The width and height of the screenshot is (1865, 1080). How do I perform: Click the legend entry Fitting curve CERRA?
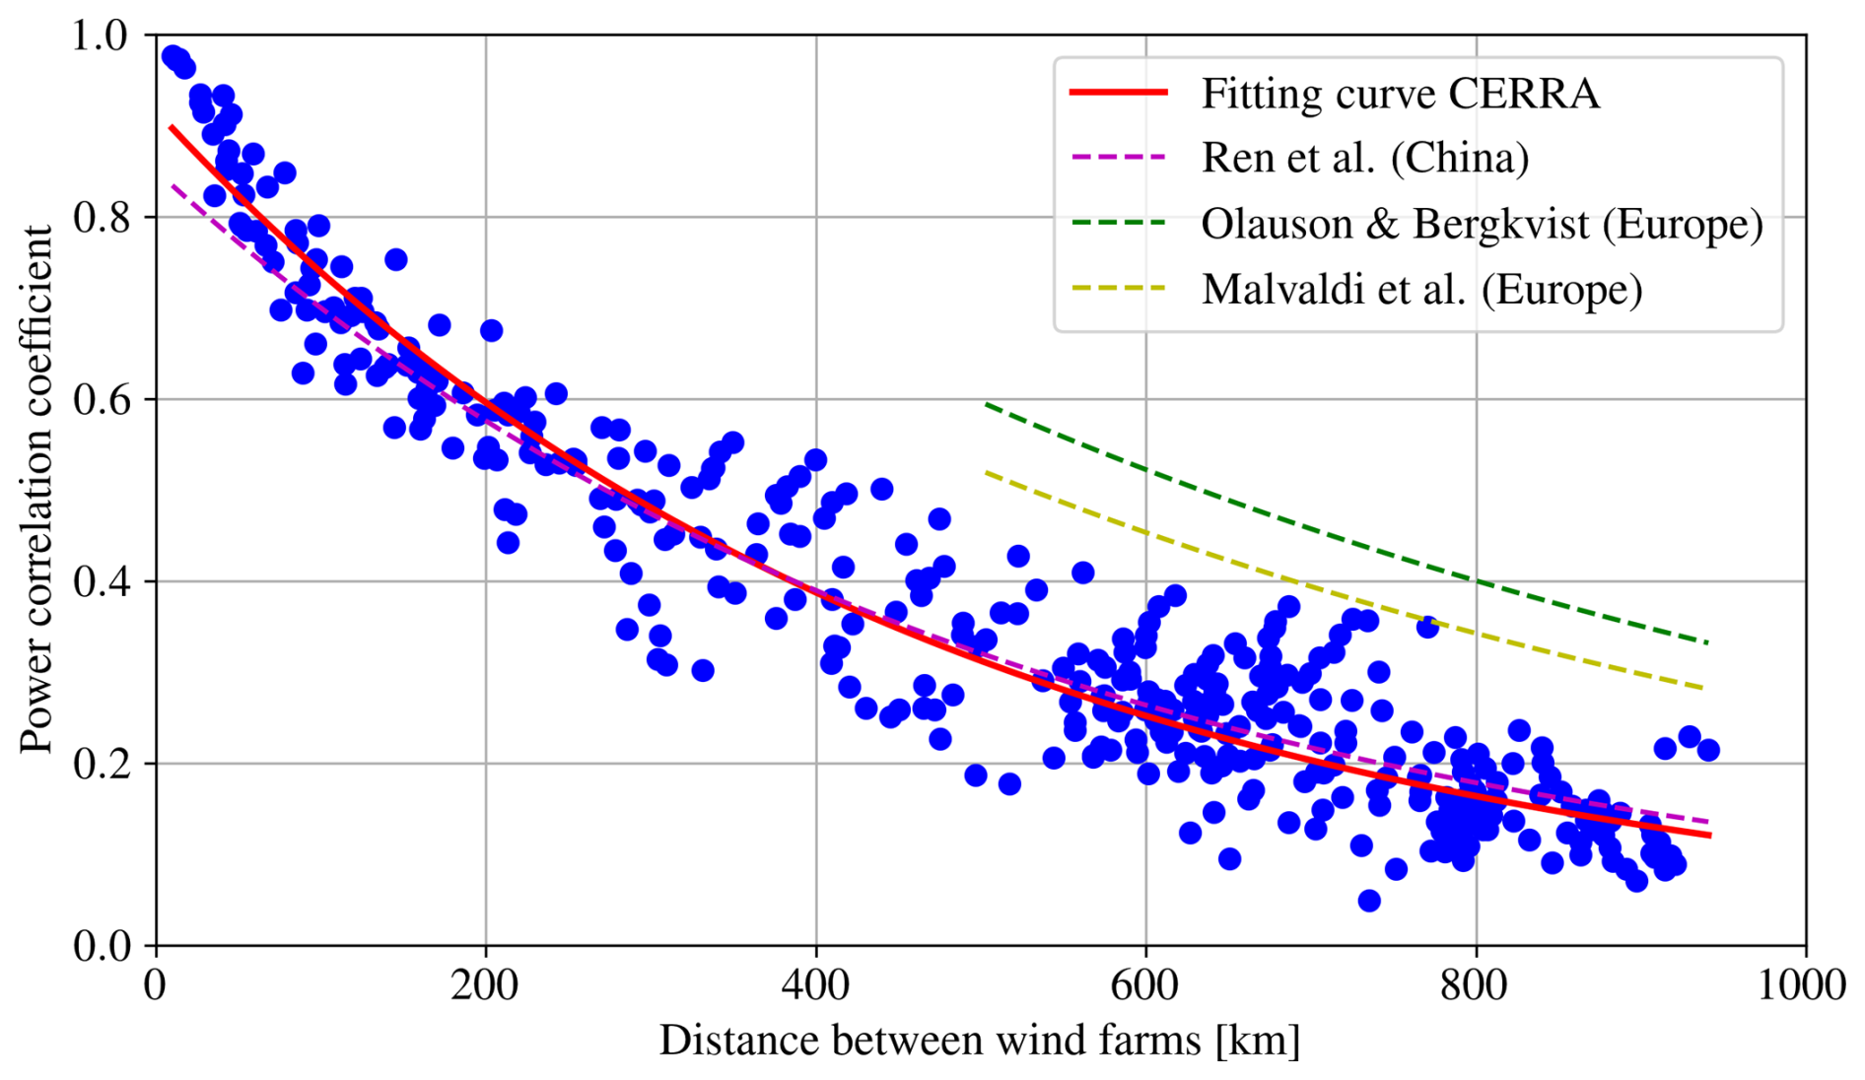point(1399,94)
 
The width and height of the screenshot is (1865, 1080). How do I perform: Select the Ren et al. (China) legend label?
point(1364,158)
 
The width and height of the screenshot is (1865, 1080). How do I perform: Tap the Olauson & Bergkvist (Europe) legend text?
point(1481,224)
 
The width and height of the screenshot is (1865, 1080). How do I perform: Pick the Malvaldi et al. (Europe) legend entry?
point(1421,289)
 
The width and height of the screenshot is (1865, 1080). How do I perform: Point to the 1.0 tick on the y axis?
point(101,35)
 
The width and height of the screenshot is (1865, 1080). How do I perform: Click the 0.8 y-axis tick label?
point(101,218)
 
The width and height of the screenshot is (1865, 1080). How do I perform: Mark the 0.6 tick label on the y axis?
point(101,400)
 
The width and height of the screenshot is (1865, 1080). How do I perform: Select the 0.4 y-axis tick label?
point(101,581)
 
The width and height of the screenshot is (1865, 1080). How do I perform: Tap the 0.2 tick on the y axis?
point(101,764)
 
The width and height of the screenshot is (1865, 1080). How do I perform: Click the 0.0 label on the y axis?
point(101,946)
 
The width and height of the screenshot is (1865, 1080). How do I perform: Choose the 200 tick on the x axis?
point(485,985)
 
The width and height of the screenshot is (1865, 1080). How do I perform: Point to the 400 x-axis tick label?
point(815,985)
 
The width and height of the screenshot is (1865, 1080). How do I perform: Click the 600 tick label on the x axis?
point(1145,985)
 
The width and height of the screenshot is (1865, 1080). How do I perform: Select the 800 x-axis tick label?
point(1476,985)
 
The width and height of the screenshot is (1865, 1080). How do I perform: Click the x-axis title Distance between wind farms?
point(979,1041)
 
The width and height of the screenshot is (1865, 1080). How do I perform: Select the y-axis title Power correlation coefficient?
point(36,490)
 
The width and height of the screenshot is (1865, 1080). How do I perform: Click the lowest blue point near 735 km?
point(1368,901)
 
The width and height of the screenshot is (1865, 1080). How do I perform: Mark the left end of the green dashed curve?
point(986,404)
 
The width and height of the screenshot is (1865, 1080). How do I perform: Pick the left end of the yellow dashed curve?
point(986,473)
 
